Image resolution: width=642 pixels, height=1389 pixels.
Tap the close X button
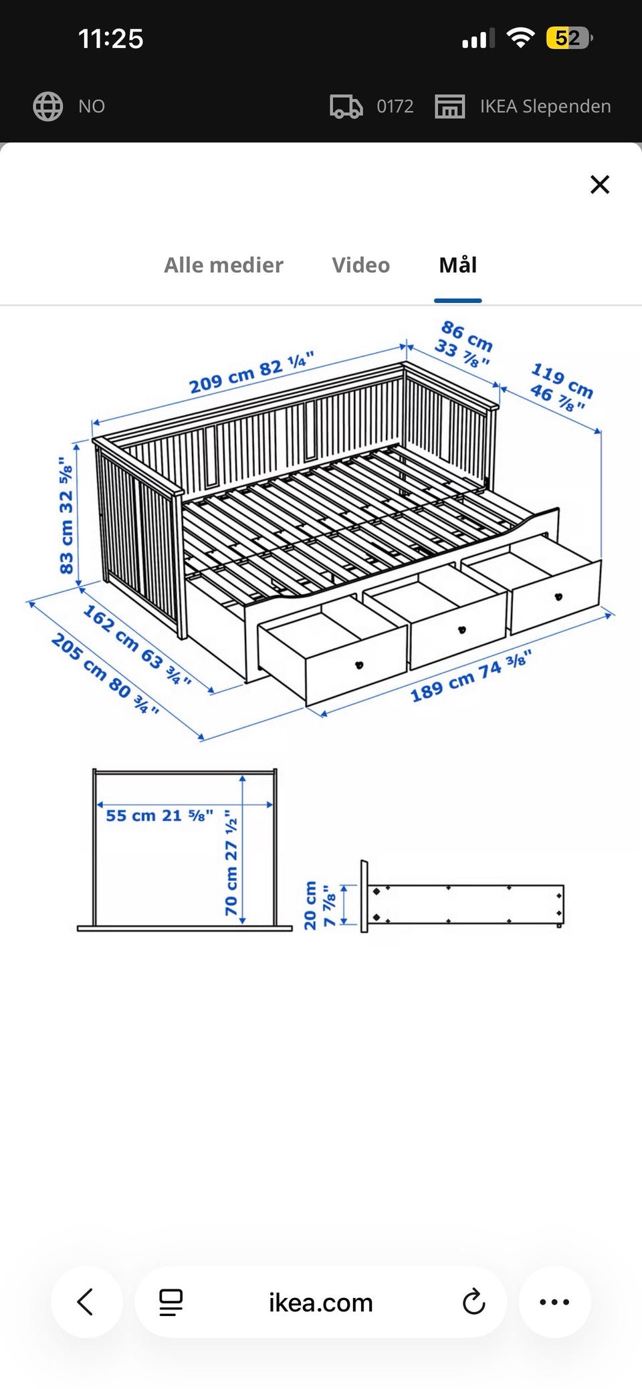pos(600,185)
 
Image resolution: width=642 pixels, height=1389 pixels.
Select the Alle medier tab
pos(223,265)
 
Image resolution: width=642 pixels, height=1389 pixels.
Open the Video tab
pos(360,265)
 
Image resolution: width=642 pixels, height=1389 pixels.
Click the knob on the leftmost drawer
pos(358,665)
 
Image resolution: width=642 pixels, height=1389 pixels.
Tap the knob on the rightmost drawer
pos(558,597)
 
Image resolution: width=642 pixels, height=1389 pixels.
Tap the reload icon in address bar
pos(473,1302)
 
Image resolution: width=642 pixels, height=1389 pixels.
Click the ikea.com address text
pos(320,1303)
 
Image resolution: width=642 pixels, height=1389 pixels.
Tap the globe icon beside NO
pos(48,106)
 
